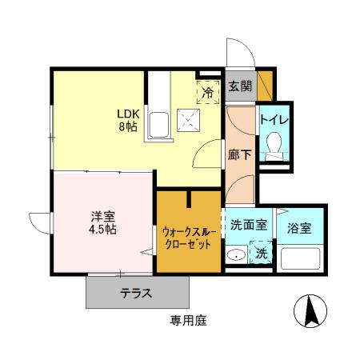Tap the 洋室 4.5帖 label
click(x=102, y=222)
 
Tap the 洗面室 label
click(x=250, y=226)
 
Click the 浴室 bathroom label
click(x=301, y=227)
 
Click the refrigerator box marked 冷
click(x=207, y=92)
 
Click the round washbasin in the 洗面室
click(x=237, y=256)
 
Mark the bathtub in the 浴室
click(x=299, y=258)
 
